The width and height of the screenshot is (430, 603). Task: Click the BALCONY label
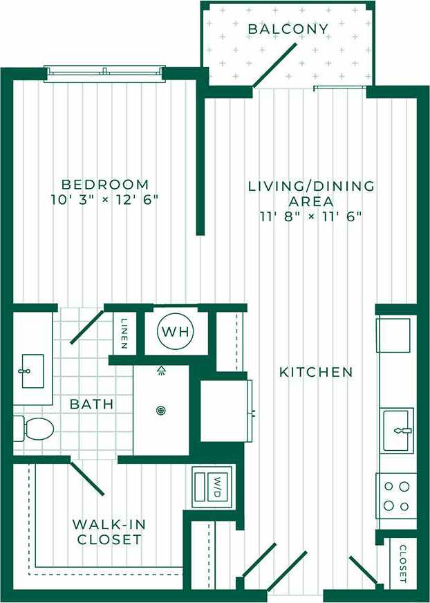pyautogui.click(x=288, y=29)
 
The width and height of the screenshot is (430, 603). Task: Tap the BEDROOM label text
pyautogui.click(x=105, y=185)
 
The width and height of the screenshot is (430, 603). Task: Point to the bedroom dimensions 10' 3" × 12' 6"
pyautogui.click(x=105, y=201)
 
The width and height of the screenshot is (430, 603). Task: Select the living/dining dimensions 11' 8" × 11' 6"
pyautogui.click(x=311, y=216)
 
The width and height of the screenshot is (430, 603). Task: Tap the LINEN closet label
pyautogui.click(x=124, y=332)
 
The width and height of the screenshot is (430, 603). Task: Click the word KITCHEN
pyautogui.click(x=316, y=372)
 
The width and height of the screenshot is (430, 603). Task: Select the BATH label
pyautogui.click(x=92, y=404)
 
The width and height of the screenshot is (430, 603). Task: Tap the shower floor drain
pyautogui.click(x=161, y=410)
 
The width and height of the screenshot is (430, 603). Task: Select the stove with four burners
pyautogui.click(x=396, y=495)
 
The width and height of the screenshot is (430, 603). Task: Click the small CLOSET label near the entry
pyautogui.click(x=402, y=563)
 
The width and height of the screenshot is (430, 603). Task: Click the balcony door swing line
pyautogui.click(x=275, y=66)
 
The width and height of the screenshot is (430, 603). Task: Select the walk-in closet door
pyautogui.click(x=87, y=478)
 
